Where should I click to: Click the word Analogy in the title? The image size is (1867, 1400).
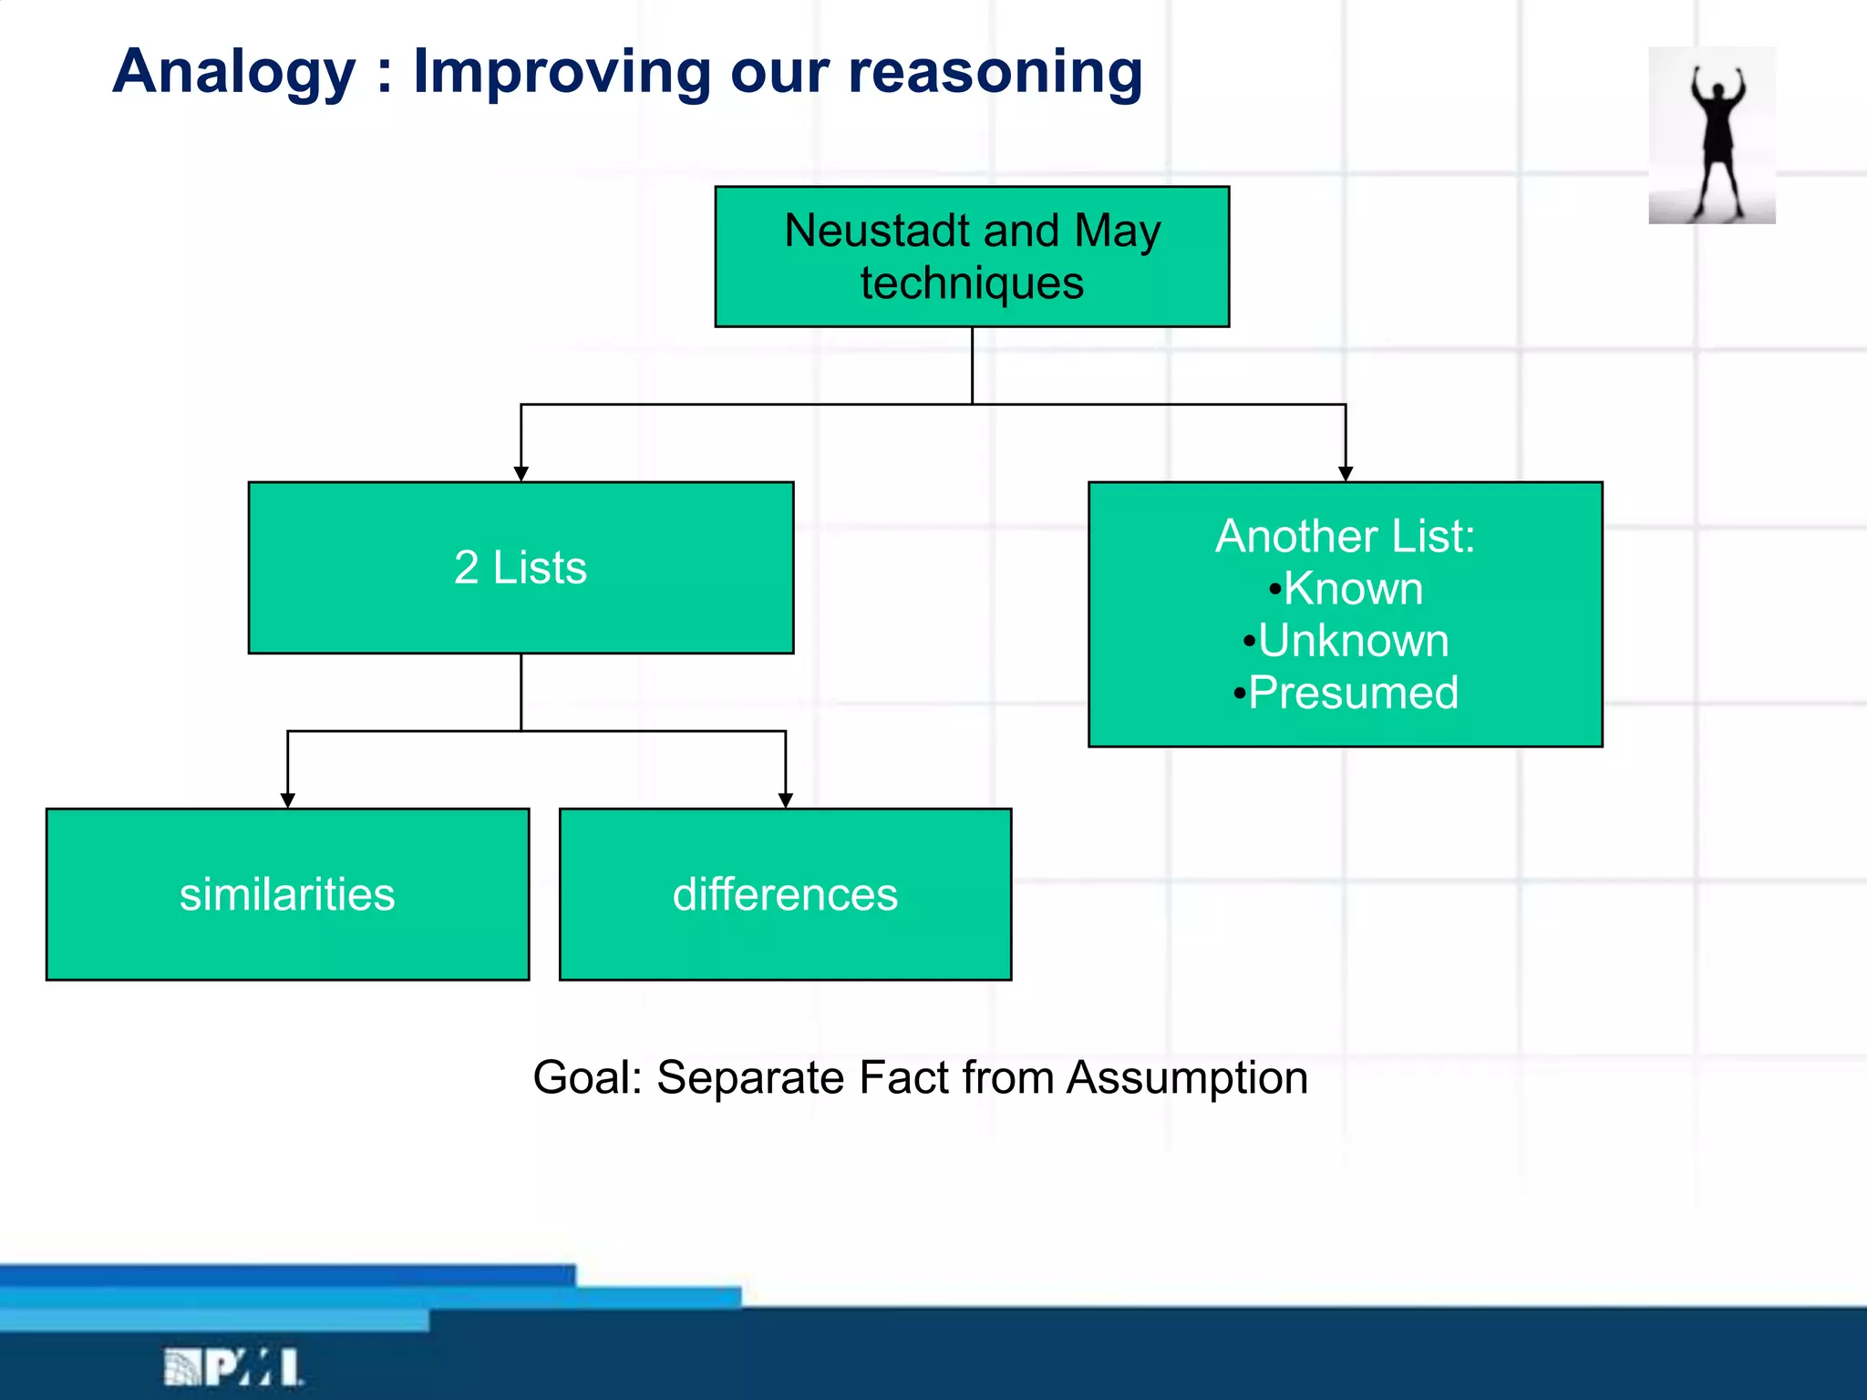point(234,73)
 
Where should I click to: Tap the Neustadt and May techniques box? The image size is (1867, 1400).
point(972,257)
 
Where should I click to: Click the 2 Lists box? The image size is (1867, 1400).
point(521,568)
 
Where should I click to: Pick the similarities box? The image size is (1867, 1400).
point(287,894)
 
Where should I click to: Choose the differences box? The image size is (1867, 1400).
point(785,894)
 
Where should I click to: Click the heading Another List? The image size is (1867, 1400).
point(1345,536)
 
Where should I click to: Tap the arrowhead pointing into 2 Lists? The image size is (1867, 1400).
point(521,473)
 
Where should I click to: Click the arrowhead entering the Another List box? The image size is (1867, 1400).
point(1346,473)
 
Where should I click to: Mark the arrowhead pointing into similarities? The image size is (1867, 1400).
point(287,799)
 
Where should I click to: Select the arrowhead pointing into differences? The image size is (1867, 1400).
point(785,799)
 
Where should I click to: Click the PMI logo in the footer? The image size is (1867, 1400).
point(233,1367)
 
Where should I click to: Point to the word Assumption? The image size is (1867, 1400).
point(1187,1078)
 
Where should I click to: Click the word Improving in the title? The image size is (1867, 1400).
point(562,73)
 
